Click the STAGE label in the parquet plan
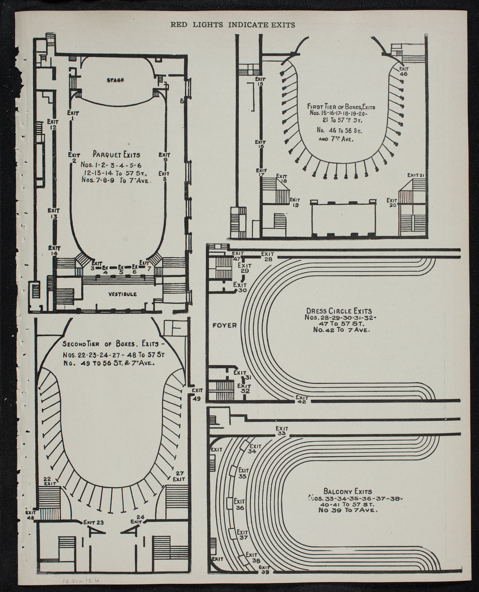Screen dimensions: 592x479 point(115,81)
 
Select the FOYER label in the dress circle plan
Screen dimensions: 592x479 point(224,326)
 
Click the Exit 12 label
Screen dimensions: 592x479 point(52,124)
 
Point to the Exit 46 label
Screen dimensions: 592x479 point(403,71)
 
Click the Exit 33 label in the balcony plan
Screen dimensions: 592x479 point(281,431)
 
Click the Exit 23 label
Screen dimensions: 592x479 point(94,523)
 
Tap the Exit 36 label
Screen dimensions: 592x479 point(239,504)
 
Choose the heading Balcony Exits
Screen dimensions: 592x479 point(347,492)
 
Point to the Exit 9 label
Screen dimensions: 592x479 point(165,157)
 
